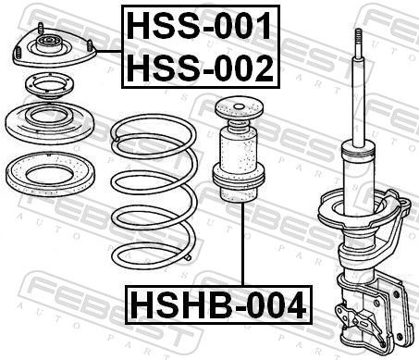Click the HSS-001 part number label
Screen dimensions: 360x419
(200, 26)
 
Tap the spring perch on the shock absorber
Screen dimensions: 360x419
(365, 208)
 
